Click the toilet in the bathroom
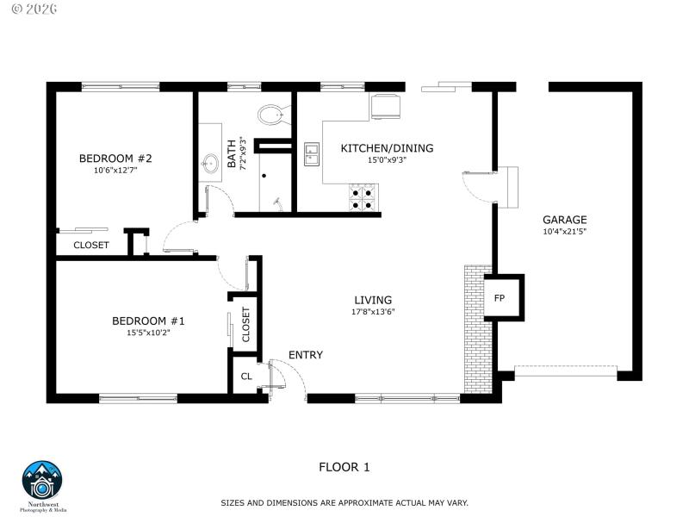point(273,114)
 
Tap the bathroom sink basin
point(209,162)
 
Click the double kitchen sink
point(312,153)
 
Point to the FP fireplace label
point(500,298)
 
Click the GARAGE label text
point(564,220)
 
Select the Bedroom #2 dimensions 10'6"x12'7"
point(115,171)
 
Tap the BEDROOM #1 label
point(148,321)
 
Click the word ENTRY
point(306,355)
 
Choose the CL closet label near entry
point(245,377)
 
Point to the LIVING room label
point(373,299)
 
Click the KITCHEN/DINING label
point(387,148)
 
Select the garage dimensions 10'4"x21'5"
point(564,232)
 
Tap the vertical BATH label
point(231,153)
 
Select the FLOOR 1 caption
point(344,468)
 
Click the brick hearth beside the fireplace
point(474,327)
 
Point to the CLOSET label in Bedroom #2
point(90,245)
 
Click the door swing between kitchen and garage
point(479,184)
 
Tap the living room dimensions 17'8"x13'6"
point(373,311)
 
